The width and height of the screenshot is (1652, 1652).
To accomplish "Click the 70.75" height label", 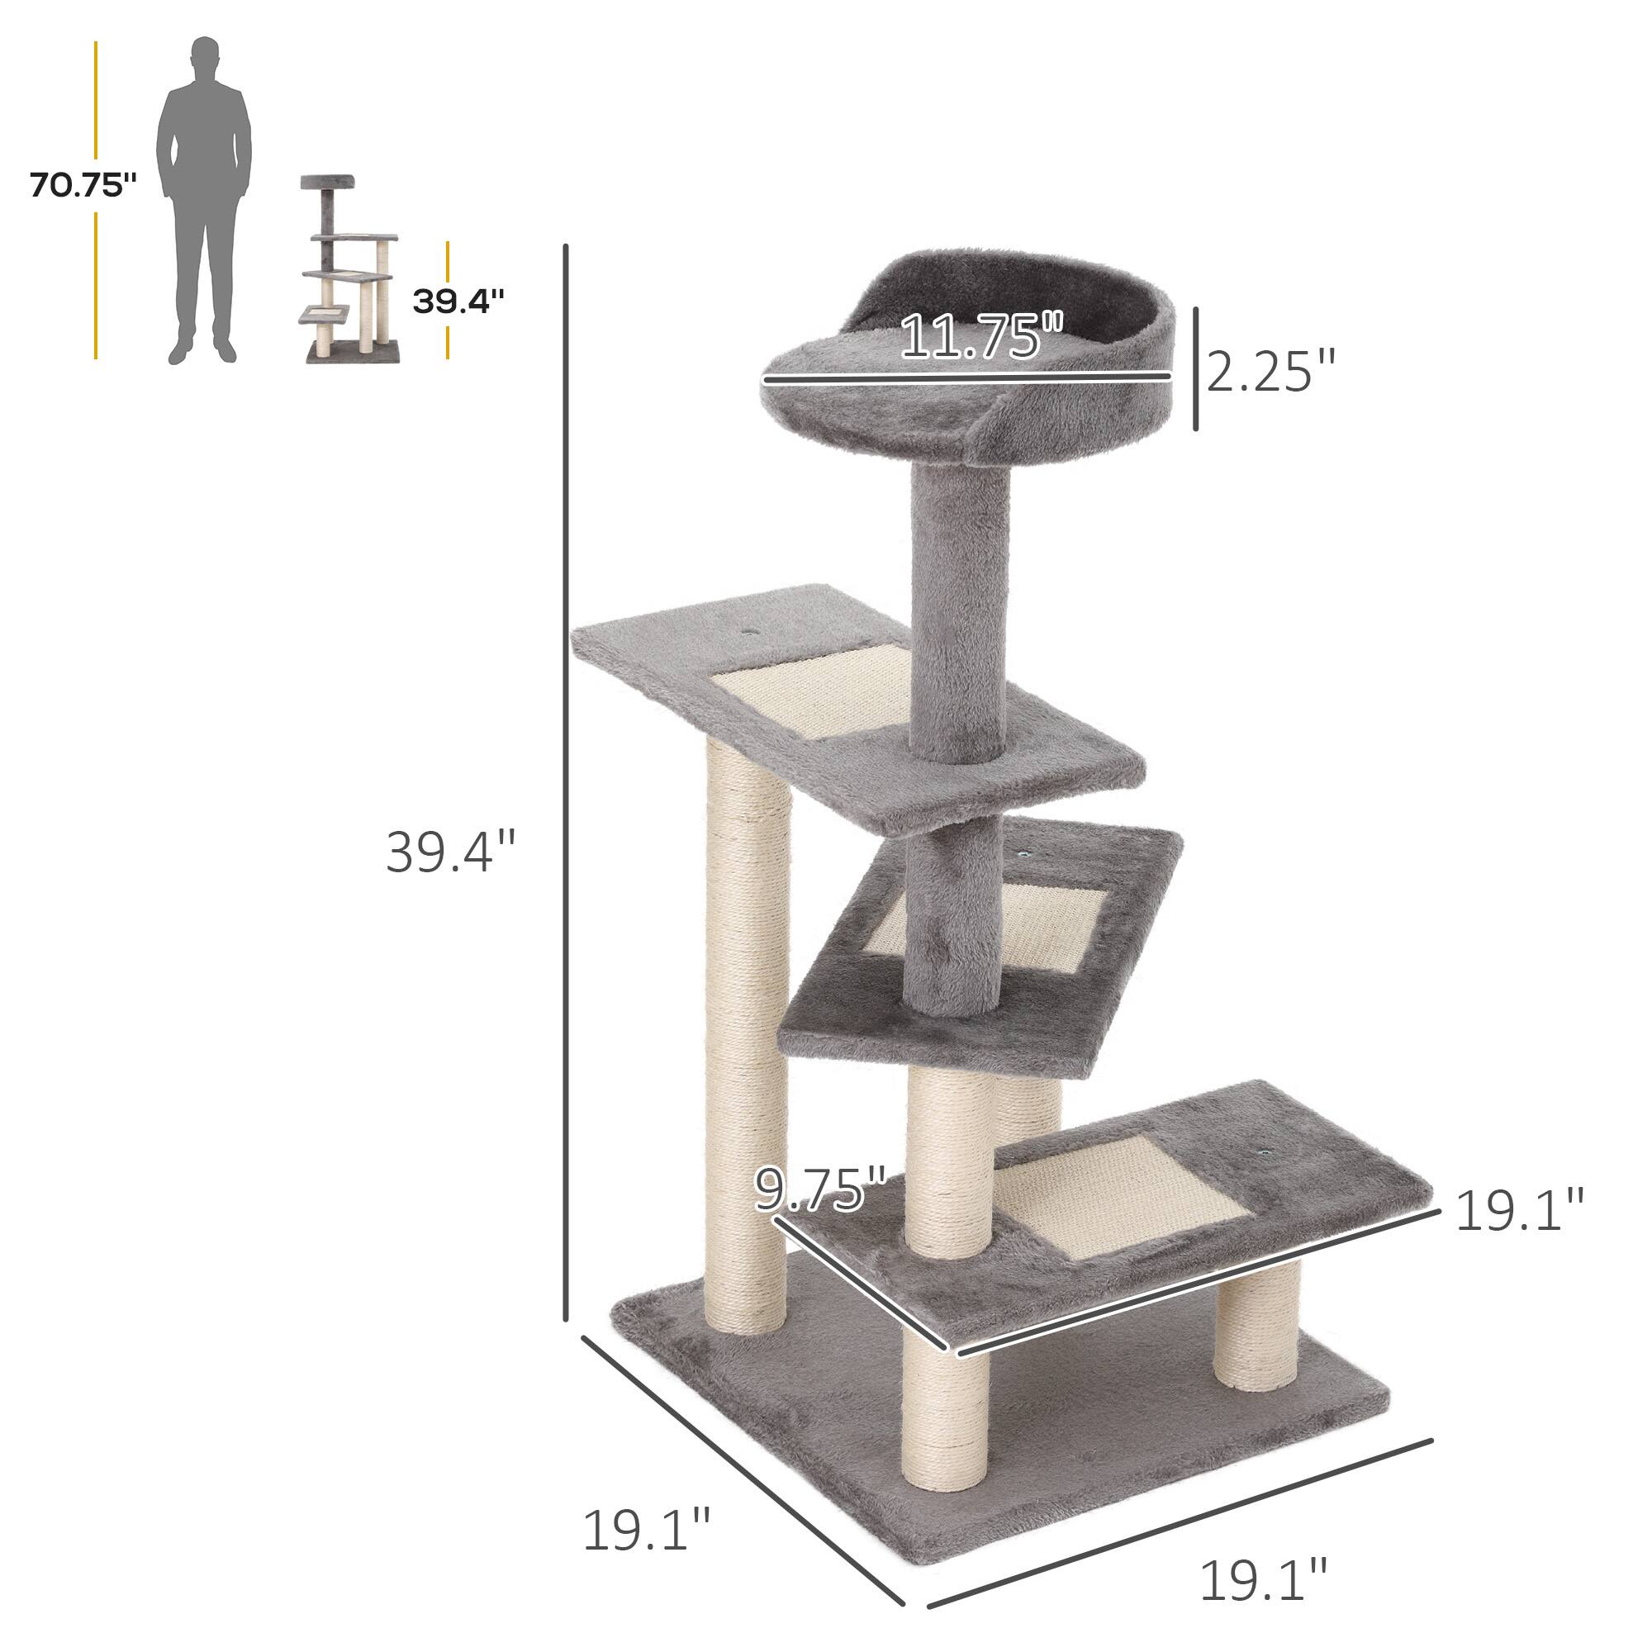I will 82,186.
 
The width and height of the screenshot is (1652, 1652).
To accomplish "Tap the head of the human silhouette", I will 204,55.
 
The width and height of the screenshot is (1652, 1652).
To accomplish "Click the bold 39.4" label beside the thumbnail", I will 458,301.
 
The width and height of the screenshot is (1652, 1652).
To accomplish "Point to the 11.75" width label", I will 980,336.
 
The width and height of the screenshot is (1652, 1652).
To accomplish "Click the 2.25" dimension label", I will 1270,371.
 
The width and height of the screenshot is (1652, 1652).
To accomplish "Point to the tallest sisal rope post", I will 746,1043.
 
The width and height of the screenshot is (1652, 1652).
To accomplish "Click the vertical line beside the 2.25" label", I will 1195,368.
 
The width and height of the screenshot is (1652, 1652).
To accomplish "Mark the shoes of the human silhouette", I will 202,351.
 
